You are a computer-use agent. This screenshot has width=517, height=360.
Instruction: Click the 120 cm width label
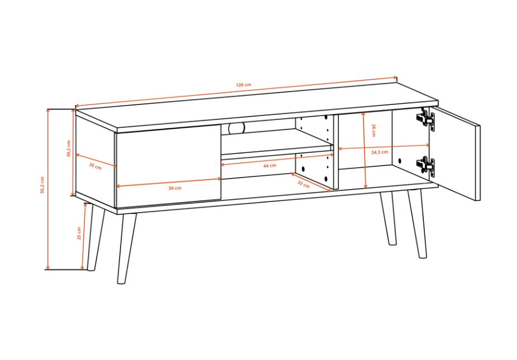click(x=243, y=85)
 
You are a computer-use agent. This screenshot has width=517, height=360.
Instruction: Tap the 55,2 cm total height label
click(x=42, y=185)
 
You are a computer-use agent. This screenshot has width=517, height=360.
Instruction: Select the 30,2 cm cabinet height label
click(x=69, y=148)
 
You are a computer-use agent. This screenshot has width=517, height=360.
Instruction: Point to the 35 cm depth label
click(x=95, y=166)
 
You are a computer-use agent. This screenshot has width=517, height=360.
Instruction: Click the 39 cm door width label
click(x=175, y=188)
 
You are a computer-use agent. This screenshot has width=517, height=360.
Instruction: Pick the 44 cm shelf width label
click(x=270, y=166)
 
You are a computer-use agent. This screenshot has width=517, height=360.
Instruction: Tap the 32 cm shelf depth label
click(x=303, y=184)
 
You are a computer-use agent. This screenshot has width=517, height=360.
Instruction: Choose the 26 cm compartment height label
click(x=374, y=130)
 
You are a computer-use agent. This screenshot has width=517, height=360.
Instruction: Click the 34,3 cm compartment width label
click(x=380, y=152)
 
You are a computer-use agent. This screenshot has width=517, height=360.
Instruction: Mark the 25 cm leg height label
click(x=79, y=233)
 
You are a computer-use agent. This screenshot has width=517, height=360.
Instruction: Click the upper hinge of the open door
click(x=425, y=118)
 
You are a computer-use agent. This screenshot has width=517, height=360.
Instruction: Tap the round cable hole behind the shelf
click(x=237, y=128)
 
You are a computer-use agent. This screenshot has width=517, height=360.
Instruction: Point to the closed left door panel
click(x=168, y=166)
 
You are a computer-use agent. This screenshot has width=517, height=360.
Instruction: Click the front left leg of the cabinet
click(x=127, y=248)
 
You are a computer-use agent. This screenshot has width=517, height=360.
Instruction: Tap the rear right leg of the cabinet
click(x=387, y=218)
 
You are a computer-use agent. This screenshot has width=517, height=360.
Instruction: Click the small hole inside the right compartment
click(x=400, y=161)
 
